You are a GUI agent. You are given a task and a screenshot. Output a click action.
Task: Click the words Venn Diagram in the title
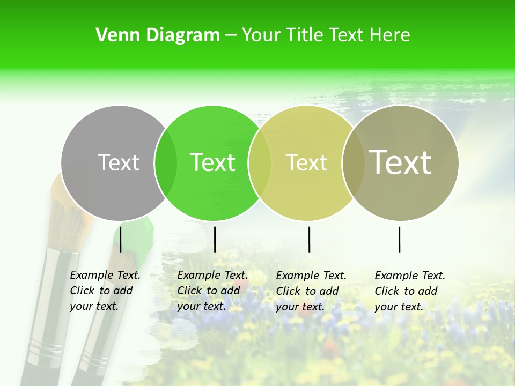click(x=158, y=35)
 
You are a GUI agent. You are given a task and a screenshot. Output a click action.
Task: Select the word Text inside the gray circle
click(x=119, y=162)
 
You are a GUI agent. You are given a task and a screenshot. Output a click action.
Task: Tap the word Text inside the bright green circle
click(x=213, y=162)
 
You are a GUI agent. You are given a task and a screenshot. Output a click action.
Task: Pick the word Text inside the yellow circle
click(x=306, y=162)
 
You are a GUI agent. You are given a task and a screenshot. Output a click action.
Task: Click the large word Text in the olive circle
click(x=401, y=162)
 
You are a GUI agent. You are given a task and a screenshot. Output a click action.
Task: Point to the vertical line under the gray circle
click(x=121, y=239)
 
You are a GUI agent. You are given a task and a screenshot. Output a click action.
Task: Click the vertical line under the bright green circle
click(x=215, y=239)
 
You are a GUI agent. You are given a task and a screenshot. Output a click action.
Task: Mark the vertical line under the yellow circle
click(x=309, y=239)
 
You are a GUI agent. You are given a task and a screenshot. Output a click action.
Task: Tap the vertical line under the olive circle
click(x=399, y=239)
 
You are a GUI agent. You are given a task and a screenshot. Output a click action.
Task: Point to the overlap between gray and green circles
click(x=166, y=162)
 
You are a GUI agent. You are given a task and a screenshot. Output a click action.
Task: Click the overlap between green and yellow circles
click(x=260, y=162)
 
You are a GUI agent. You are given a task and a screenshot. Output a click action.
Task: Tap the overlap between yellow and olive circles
click(x=353, y=162)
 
